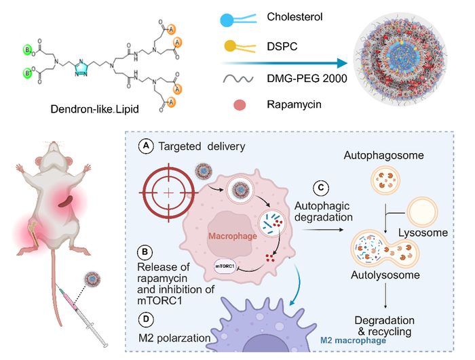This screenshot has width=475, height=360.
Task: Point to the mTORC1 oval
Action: (x=225, y=268)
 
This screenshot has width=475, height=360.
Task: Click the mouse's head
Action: (x=53, y=153)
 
